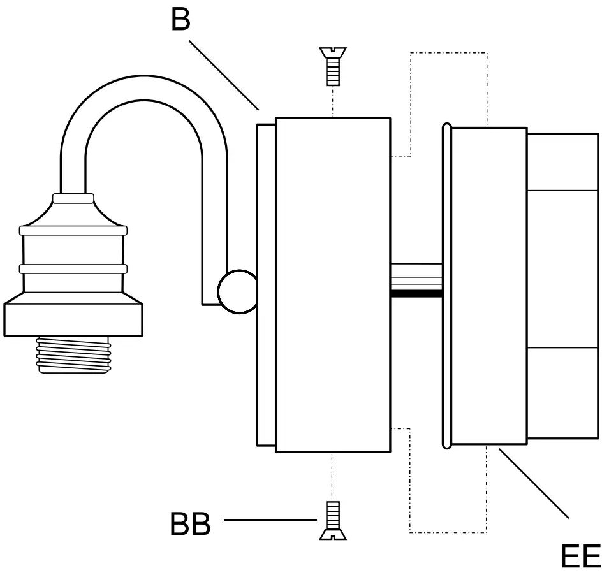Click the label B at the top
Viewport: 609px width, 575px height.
[x=180, y=20]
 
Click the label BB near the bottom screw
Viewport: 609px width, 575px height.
[x=190, y=525]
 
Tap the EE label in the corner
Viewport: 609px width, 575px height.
[x=580, y=556]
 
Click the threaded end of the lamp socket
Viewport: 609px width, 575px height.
[x=73, y=354]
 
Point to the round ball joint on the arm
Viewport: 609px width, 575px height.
[x=237, y=292]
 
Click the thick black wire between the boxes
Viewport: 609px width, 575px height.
[x=416, y=294]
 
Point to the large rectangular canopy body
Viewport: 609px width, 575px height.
[x=332, y=284]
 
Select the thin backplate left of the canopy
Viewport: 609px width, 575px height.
[x=266, y=284]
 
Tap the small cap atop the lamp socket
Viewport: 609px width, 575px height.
[x=73, y=198]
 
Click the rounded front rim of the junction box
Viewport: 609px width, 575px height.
[x=447, y=284]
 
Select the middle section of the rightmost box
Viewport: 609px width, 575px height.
[x=562, y=268]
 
